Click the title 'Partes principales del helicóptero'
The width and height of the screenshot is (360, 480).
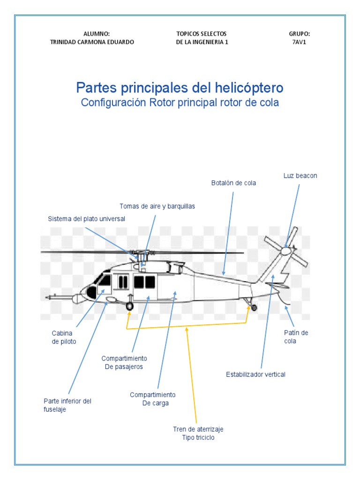point(180,88)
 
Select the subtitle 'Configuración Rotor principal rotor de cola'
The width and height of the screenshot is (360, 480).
point(180,103)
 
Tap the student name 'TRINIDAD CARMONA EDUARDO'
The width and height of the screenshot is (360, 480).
point(92,42)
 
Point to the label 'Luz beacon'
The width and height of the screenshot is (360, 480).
point(300,176)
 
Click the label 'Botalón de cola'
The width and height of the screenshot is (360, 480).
point(233,183)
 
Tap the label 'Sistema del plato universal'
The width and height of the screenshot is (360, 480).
point(87,219)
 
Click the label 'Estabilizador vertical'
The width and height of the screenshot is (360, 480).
point(255,374)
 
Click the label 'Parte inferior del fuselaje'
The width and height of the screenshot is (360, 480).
point(67,405)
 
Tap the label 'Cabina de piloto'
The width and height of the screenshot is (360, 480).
point(64,337)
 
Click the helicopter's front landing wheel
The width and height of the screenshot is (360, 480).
point(130,307)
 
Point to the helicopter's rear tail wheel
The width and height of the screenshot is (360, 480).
point(254,307)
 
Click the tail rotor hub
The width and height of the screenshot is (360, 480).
point(285,251)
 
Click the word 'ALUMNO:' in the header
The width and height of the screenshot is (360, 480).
point(97,34)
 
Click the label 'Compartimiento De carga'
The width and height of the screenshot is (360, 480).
point(153,399)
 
